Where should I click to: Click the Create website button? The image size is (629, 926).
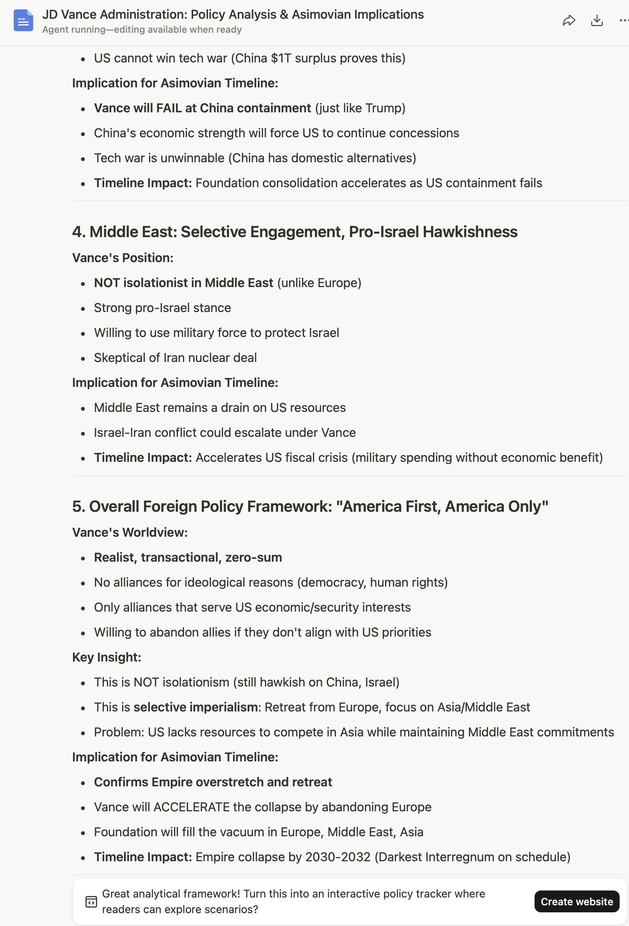click(x=576, y=901)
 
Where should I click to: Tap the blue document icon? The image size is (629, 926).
click(x=23, y=20)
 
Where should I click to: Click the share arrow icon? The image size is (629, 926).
click(x=569, y=20)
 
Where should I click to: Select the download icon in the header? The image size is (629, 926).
click(x=596, y=20)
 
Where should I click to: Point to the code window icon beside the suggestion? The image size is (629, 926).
click(x=91, y=902)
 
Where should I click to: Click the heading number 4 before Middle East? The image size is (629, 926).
click(x=78, y=232)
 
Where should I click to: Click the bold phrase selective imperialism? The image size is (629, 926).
click(x=195, y=707)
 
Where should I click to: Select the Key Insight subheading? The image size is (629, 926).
click(x=107, y=657)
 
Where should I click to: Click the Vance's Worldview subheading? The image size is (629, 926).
click(x=130, y=532)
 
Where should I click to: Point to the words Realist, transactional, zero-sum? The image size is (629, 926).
click(x=188, y=557)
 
